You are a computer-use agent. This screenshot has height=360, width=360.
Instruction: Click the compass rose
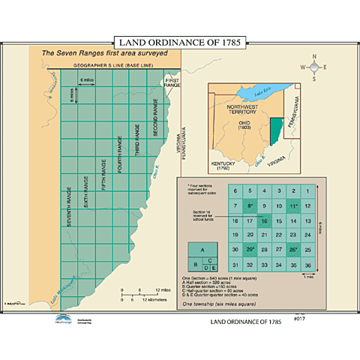(x=315, y=66)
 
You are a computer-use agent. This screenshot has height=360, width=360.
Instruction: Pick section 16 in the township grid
(x=264, y=220)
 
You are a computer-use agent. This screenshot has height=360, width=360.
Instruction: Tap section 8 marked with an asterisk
(x=250, y=206)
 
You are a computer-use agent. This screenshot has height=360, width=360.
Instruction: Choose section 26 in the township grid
(x=292, y=250)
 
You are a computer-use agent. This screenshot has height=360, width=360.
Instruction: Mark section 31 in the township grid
(x=235, y=264)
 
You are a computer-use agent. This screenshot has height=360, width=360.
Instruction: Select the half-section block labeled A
(x=201, y=250)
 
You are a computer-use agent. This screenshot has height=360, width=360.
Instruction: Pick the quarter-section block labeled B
(x=194, y=263)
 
